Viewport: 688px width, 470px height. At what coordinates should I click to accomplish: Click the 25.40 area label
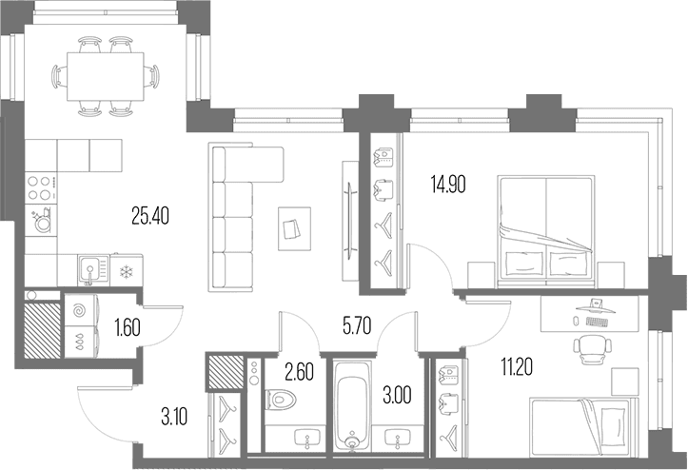coord(150,215)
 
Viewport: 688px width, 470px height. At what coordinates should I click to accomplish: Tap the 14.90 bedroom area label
coord(448,185)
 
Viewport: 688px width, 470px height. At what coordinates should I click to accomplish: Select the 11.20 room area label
coord(517,367)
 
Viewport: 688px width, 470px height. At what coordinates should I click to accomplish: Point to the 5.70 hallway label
coord(357,326)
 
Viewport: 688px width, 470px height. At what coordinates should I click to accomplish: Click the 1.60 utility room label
coord(128,328)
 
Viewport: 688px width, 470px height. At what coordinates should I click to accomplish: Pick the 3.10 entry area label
coord(174,417)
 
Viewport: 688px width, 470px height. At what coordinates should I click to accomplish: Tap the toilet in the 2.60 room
coord(281,400)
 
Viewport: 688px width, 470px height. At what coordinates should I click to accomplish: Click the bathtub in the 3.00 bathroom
coord(352,405)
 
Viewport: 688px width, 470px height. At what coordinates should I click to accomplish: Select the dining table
coord(106,76)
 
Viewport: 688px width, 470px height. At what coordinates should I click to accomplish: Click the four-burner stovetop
coord(41,187)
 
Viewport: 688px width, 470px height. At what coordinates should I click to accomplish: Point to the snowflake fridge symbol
coord(127,272)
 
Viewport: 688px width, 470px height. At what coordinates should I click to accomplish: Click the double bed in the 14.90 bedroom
coord(546,232)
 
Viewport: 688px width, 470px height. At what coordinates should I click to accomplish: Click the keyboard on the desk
coord(598,322)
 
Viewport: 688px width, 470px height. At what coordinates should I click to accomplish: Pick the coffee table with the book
coord(294,228)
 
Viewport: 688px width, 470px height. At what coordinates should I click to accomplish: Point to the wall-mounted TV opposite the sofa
coord(349,221)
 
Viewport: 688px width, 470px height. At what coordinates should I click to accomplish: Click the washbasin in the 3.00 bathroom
coord(398,438)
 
